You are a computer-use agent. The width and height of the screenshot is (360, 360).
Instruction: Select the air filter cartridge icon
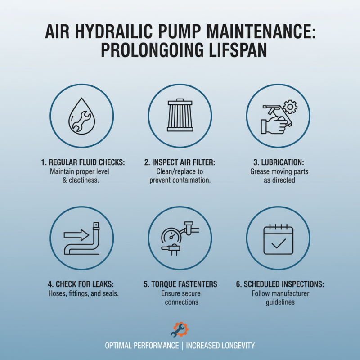(180, 115)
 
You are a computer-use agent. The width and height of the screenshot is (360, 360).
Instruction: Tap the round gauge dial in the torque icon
(170, 236)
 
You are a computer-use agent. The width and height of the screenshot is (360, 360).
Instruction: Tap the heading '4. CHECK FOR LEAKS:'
(81, 284)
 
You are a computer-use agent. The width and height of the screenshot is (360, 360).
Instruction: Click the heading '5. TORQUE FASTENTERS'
(180, 284)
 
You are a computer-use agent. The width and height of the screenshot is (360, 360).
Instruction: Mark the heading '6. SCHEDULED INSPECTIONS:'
(278, 284)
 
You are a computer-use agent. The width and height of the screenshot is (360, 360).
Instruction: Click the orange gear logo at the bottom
(180, 329)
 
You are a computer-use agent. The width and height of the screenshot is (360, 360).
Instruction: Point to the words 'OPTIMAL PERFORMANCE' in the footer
(141, 346)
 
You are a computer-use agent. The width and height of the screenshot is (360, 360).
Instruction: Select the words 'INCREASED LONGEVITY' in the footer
(220, 346)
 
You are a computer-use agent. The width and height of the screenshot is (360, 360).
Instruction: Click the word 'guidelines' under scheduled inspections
(278, 302)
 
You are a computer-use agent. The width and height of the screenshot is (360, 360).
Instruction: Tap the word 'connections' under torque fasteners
(180, 302)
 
